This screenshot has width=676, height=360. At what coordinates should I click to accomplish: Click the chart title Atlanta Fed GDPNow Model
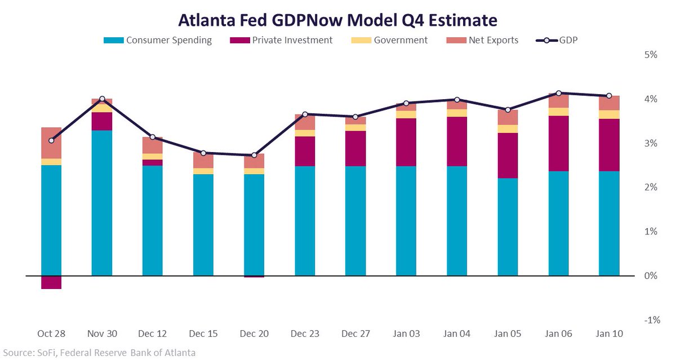338,20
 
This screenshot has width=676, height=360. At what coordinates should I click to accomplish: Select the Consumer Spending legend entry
158,40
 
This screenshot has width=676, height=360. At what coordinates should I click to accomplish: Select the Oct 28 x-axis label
51,334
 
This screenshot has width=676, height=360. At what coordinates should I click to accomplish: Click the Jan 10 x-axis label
609,334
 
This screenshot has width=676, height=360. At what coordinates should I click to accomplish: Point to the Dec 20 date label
254,334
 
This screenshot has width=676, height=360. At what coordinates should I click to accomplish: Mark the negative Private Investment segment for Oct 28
51,282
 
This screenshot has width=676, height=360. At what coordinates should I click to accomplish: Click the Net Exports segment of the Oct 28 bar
51,143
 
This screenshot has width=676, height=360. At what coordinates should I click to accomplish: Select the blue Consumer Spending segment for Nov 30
102,203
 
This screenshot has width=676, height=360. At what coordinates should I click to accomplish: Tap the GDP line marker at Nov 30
102,99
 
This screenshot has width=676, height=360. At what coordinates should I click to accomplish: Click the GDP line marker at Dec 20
254,155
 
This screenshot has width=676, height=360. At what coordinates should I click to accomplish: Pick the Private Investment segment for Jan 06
558,143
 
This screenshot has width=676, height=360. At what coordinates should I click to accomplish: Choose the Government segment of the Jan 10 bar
609,114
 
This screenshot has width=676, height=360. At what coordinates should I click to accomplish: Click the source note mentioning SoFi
98,353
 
